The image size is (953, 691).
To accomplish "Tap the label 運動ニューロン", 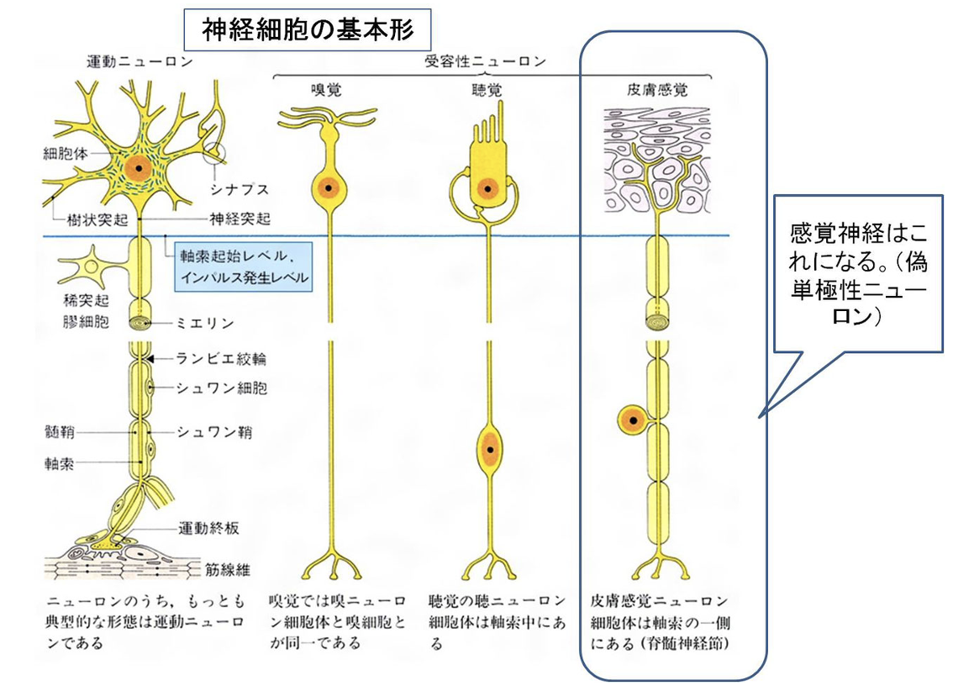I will point(140,61).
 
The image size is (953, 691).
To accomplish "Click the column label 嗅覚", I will point(326,88).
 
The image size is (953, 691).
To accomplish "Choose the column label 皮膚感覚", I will point(658,88).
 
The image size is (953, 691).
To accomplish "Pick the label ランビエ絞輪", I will point(221,359).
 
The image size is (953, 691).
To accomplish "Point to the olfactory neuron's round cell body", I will point(327,187).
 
